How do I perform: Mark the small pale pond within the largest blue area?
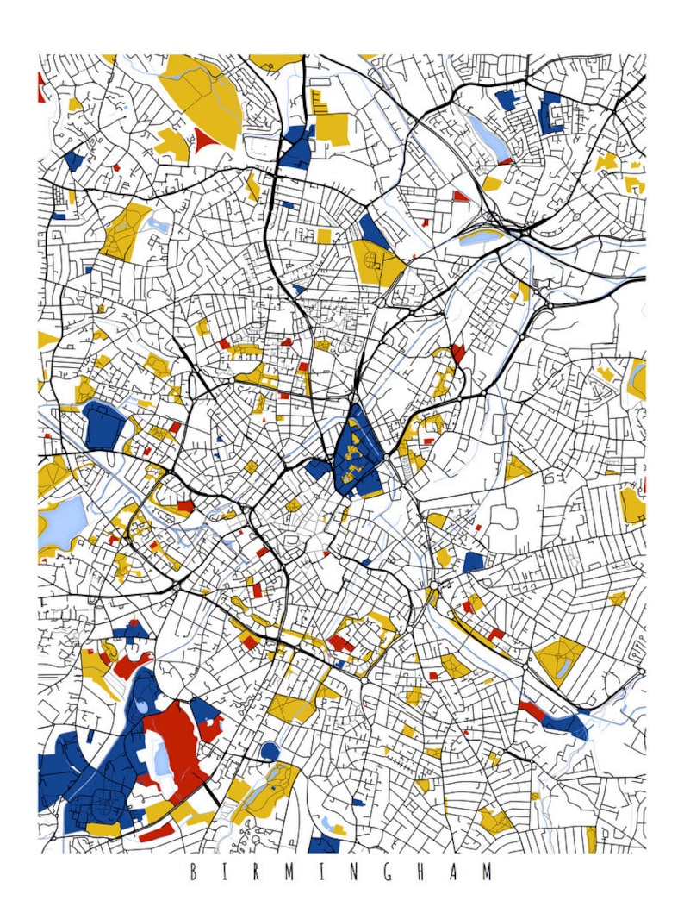click(140, 707)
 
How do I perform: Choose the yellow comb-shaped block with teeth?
click(320, 103)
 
